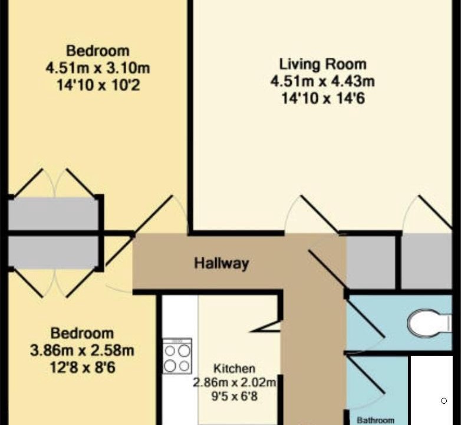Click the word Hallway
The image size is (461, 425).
pos(222,263)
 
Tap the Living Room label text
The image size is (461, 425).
pos(322,64)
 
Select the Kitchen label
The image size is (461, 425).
pos(234,368)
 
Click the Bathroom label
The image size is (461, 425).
pos(376,420)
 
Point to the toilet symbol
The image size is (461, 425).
pos(430,323)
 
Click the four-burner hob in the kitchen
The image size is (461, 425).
pos(177,356)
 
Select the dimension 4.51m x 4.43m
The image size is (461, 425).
pos(322,81)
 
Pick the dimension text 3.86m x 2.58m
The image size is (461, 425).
pos(82,351)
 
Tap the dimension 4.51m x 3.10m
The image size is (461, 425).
pos(98,68)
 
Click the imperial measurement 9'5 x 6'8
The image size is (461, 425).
pos(234,396)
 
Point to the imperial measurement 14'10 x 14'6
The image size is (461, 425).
pos(323,99)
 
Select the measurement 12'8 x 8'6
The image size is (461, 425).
pos(83,368)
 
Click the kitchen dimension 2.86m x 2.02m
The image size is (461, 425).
pos(235,382)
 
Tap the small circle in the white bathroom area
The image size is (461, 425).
pos(444,401)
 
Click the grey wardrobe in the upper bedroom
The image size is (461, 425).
pos(53,214)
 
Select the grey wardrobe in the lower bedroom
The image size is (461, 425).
pos(53,252)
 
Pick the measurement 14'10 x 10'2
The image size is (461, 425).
pos(98,86)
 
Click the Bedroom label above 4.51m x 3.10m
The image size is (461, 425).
pos(98,51)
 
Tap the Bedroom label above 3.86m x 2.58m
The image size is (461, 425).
pos(82,334)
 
